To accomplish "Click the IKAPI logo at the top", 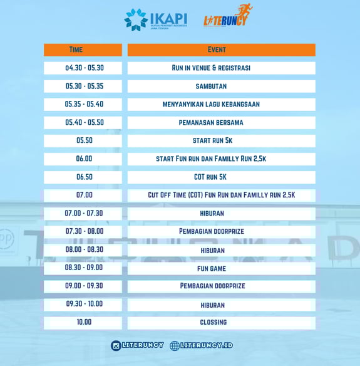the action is click(156, 19).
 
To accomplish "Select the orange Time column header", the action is click(83, 50).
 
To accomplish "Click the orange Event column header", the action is click(221, 50).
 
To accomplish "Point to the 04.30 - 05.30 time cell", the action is click(83, 68).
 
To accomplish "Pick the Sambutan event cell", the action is click(221, 86).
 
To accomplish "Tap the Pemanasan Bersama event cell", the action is click(221, 123).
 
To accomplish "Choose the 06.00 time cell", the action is click(83, 159).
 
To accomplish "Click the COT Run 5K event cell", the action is click(221, 177).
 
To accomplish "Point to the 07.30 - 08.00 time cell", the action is click(83, 232).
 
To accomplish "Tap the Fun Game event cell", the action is click(221, 268).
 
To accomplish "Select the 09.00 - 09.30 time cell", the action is click(83, 286).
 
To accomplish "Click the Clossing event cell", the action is click(221, 323).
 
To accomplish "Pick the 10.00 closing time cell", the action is click(83, 323).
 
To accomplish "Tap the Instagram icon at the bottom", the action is click(116, 346).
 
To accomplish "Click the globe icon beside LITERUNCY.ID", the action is click(175, 346).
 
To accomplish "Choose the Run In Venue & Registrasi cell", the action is click(221, 68).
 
